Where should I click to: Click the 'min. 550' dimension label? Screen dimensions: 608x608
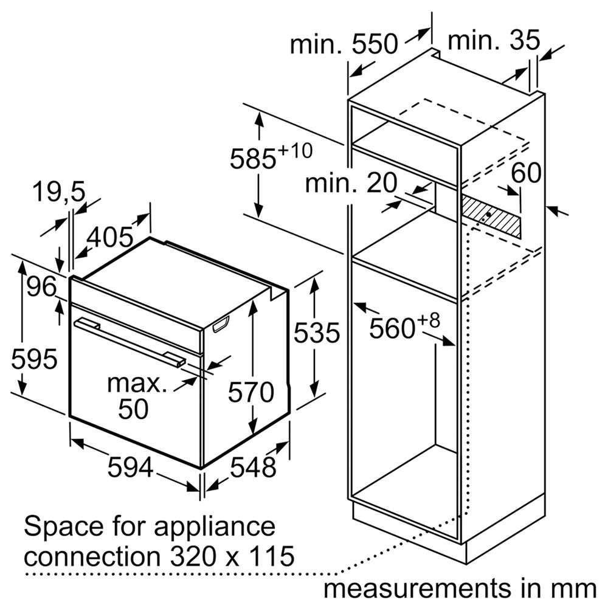(x=344, y=44)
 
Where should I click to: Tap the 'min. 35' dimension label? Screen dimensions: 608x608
(x=494, y=40)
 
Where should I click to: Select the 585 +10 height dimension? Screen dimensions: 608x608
(x=271, y=156)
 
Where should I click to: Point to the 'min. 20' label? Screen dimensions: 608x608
(x=351, y=183)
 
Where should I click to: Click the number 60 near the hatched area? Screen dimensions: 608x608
(x=526, y=173)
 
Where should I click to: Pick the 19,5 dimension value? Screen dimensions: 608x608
(x=59, y=192)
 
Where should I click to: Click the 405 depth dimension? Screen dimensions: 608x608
(x=110, y=237)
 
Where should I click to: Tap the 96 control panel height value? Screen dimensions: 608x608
(x=41, y=287)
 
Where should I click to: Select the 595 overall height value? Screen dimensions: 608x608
(x=34, y=359)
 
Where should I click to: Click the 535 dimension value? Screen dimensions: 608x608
(x=316, y=333)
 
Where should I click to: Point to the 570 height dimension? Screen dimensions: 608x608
(x=251, y=392)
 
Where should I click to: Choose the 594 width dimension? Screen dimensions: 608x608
(x=130, y=467)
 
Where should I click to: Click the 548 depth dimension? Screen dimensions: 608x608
(x=253, y=467)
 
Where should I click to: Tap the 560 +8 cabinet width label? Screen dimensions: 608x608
(x=404, y=326)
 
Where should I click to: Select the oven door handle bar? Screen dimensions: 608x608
(x=130, y=342)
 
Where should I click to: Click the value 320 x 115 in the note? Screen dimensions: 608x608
(x=232, y=556)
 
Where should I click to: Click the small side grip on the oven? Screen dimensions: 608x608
(x=221, y=325)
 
